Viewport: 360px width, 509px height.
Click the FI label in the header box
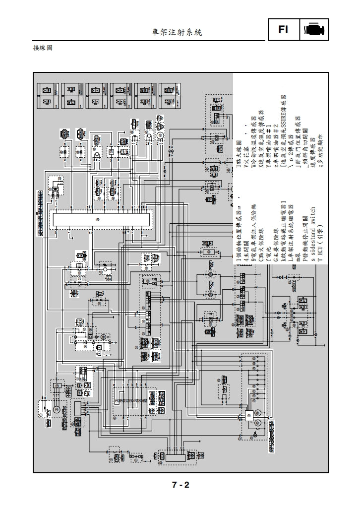tap(283, 30)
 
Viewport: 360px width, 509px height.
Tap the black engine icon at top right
tap(313, 30)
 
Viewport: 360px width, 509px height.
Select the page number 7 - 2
tap(180, 485)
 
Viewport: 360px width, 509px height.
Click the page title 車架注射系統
tap(177, 32)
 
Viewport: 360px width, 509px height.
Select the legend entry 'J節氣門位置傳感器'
tap(298, 144)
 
